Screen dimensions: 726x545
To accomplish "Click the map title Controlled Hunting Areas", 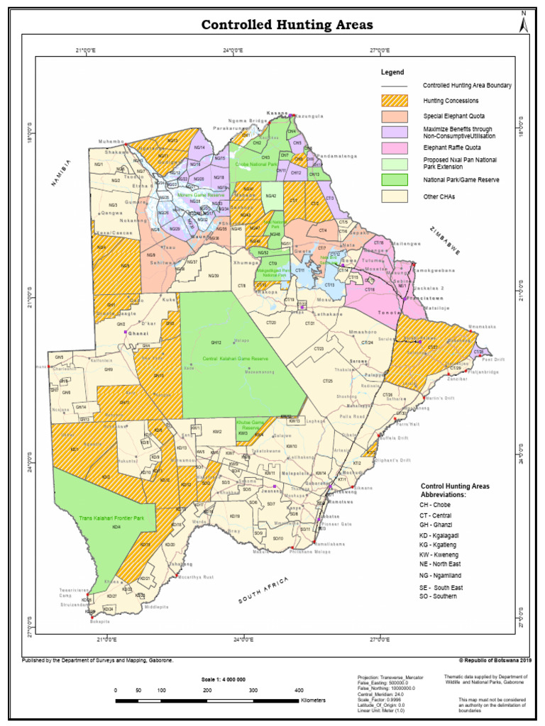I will [287, 26].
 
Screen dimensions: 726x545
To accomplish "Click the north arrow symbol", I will [524, 23].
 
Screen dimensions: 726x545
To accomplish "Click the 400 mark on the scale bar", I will [298, 689].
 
